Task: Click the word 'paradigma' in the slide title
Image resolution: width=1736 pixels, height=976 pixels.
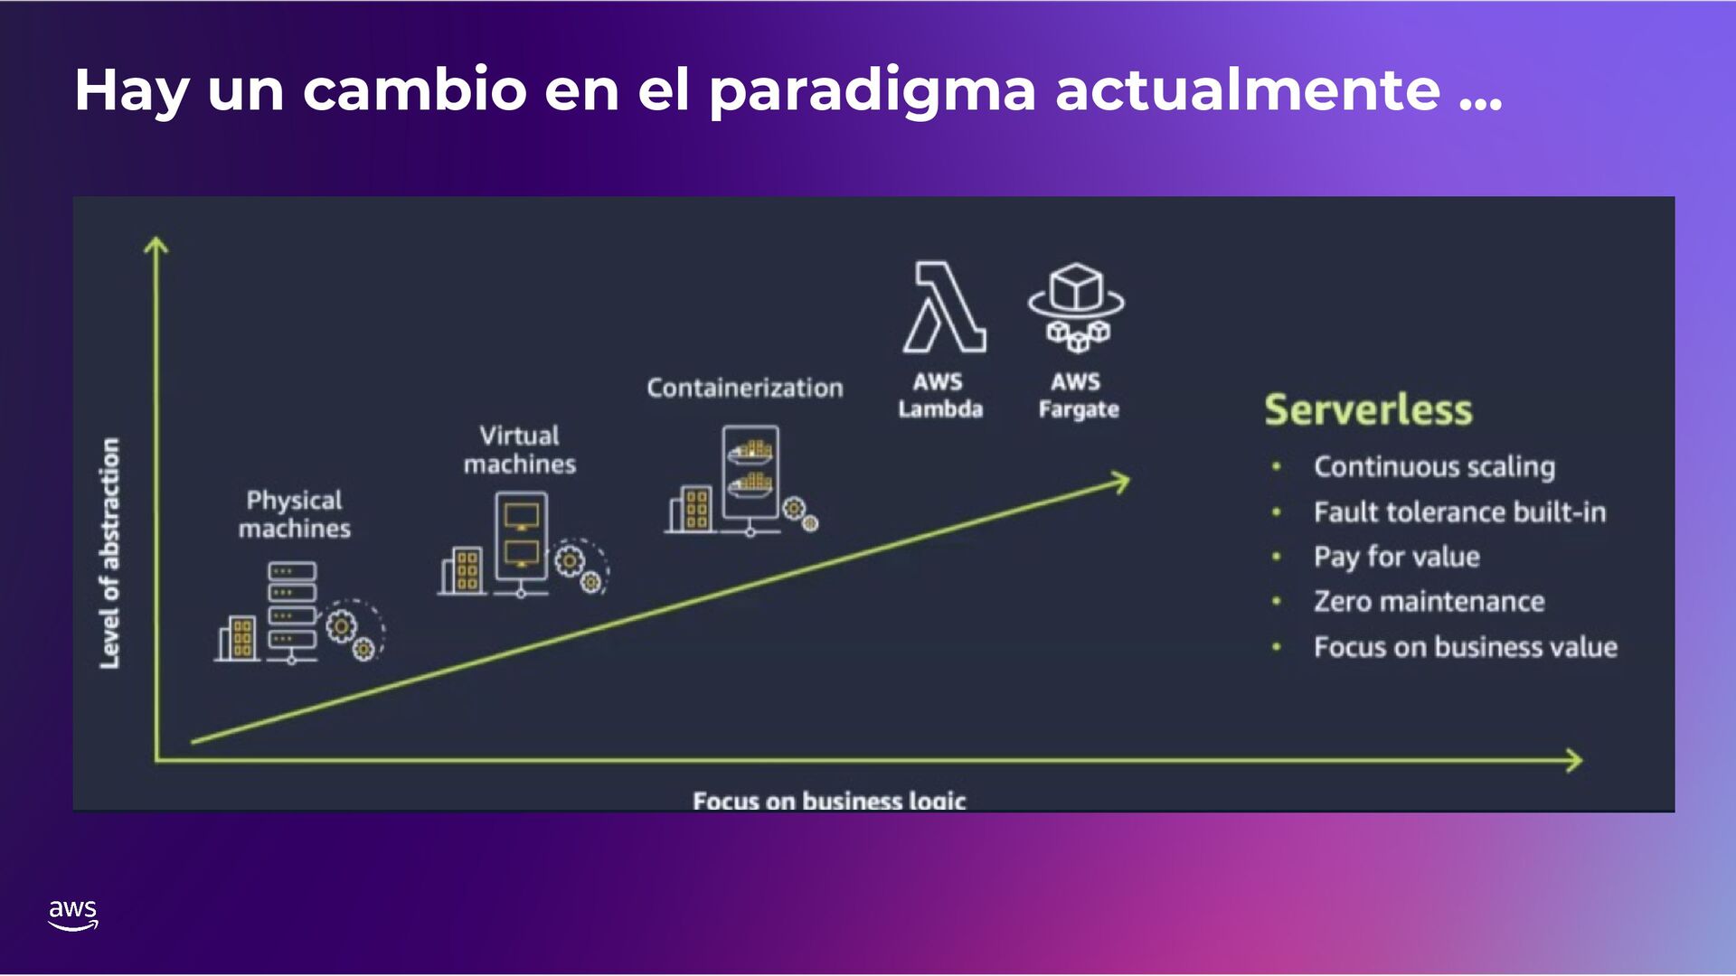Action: (x=872, y=90)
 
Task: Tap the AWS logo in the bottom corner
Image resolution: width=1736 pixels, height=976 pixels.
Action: (x=72, y=915)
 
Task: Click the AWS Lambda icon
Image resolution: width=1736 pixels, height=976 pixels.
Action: (x=944, y=307)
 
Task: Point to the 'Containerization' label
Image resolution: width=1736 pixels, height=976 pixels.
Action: (x=744, y=388)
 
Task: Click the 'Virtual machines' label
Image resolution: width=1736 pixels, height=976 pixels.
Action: (x=520, y=450)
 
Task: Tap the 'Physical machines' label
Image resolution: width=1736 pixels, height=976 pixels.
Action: (x=295, y=514)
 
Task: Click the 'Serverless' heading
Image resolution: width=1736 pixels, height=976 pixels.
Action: (x=1368, y=409)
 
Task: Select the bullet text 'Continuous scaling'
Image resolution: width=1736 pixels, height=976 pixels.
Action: (x=1434, y=466)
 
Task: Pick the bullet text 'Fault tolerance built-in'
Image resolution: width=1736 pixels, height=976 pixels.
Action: (x=1459, y=512)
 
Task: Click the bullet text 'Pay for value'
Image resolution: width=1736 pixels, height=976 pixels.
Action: (x=1397, y=557)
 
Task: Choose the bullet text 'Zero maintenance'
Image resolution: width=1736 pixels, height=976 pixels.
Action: (x=1429, y=602)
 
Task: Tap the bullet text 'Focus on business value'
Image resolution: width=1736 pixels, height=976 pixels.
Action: (x=1465, y=647)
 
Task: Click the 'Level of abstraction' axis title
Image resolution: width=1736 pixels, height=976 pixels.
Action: (x=109, y=553)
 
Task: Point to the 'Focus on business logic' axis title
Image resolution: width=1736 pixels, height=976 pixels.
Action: (x=829, y=800)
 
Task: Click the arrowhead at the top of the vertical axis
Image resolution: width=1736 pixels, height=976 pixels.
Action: (x=156, y=245)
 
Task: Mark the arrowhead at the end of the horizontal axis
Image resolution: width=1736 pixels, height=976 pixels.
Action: (x=1574, y=761)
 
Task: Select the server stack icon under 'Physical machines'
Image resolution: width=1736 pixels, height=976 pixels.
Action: (x=292, y=612)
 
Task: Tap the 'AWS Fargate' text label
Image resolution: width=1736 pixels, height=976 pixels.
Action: (x=1078, y=396)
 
